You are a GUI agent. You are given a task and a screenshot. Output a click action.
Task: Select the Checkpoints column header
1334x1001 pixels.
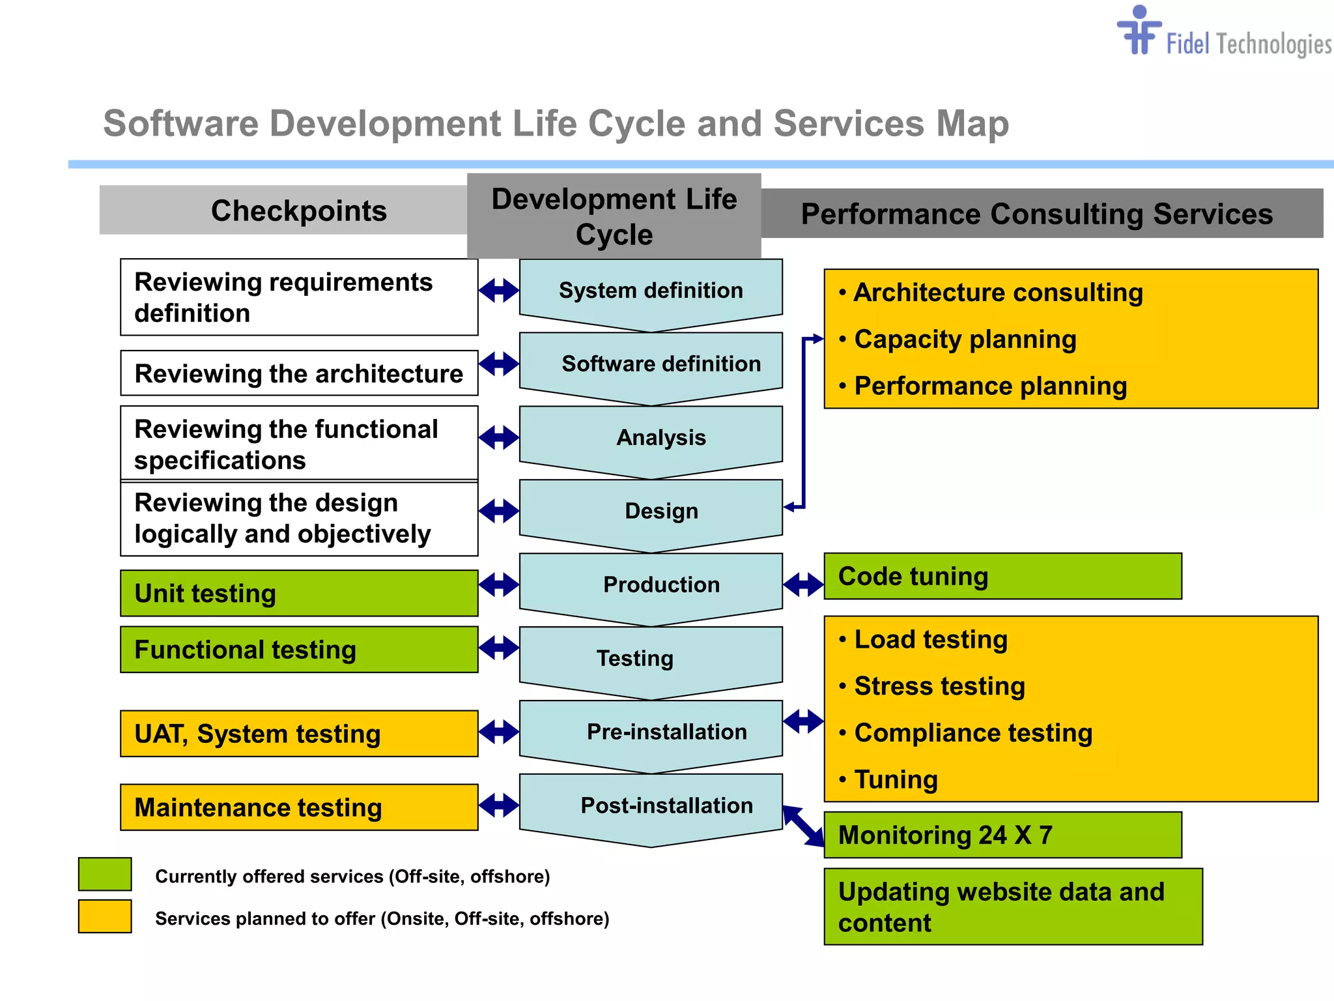[298, 210]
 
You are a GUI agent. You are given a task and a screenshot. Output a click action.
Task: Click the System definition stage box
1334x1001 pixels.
[651, 291]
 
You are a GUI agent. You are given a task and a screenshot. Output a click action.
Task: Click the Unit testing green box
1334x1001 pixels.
[299, 594]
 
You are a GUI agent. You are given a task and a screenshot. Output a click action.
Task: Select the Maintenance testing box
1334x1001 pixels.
[299, 807]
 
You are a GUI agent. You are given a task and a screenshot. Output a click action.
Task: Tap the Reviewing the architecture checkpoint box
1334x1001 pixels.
[299, 373]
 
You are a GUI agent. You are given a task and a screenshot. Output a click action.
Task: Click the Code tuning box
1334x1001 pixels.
[1002, 577]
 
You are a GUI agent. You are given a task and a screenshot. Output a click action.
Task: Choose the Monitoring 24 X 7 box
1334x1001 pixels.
[1002, 835]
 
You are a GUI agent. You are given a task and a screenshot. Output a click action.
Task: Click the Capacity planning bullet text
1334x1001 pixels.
[965, 340]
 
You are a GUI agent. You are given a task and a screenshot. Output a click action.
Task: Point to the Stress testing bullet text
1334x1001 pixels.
[939, 686]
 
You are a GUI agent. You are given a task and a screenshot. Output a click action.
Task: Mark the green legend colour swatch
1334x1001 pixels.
[105, 875]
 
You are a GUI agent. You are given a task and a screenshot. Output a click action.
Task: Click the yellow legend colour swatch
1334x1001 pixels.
[105, 916]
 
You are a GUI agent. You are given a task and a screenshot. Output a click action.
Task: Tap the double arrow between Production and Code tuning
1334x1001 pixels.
[804, 585]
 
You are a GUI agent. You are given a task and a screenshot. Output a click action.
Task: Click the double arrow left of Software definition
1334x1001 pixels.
[499, 364]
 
